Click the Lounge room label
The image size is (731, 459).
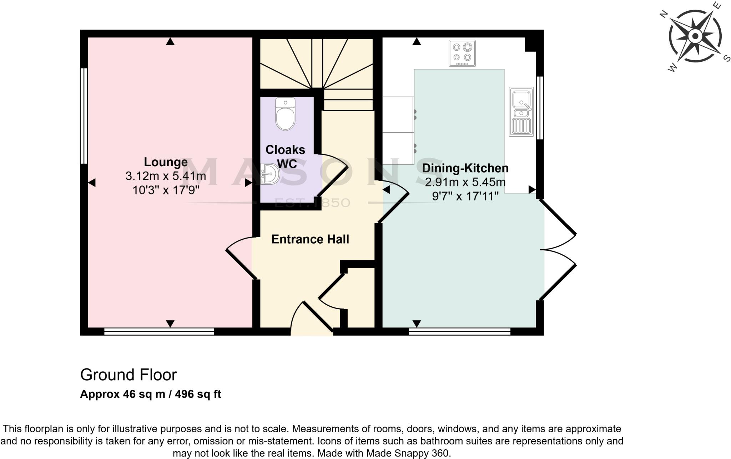pos(166,162)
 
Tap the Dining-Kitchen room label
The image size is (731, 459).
pos(465,168)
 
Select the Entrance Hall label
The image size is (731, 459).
pos(310,239)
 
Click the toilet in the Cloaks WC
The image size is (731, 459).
pos(285,115)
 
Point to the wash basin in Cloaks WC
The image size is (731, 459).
pos(269,174)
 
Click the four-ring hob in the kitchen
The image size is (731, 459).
pos(462,53)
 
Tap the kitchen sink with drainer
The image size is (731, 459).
pos(521,112)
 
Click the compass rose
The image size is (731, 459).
pos(695,36)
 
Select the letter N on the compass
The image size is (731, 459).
pos(664,15)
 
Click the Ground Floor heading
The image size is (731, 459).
pos(128,375)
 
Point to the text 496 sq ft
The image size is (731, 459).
pos(198,394)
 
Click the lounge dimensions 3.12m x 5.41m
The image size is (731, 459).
pos(166,176)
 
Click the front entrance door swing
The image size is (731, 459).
pos(312,317)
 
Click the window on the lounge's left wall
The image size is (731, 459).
pos(84,116)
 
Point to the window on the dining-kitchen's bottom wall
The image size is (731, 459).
pos(459,331)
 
